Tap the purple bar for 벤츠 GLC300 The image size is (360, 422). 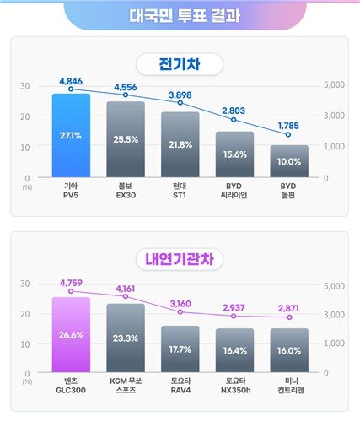point(71,334)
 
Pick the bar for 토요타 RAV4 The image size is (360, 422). point(180,349)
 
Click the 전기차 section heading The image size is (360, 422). point(180,64)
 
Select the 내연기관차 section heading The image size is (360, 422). point(180,260)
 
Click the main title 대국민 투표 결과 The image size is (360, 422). point(180,15)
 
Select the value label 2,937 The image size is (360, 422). point(234,307)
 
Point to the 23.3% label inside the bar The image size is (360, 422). point(126,338)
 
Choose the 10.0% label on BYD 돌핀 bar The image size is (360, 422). point(289,161)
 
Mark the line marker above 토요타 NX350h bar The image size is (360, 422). point(234,316)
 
